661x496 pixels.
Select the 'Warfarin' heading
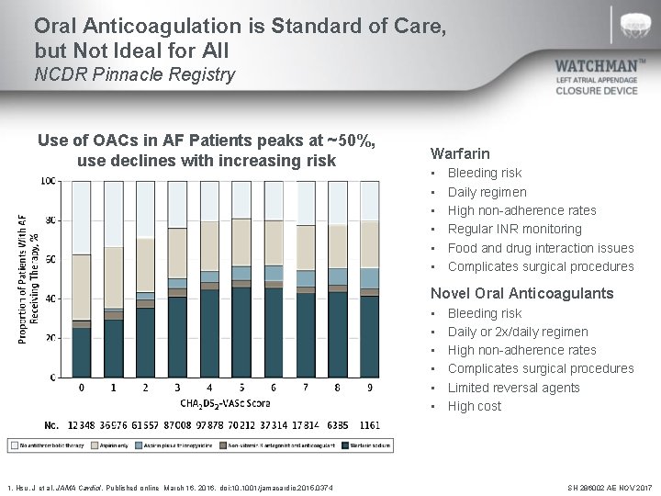460,153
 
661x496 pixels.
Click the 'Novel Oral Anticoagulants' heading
522,293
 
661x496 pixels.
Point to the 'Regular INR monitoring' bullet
514,229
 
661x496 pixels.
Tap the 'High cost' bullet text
475,406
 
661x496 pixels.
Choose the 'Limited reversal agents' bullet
513,388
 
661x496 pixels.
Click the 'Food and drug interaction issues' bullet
540,248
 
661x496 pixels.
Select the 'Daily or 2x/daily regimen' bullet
518,332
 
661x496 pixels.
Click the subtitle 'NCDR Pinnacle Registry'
134,74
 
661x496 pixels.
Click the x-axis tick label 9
369,389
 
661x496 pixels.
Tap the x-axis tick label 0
82,389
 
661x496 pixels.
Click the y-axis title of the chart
27,278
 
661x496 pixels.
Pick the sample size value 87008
177,425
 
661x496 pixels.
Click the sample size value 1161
369,425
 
